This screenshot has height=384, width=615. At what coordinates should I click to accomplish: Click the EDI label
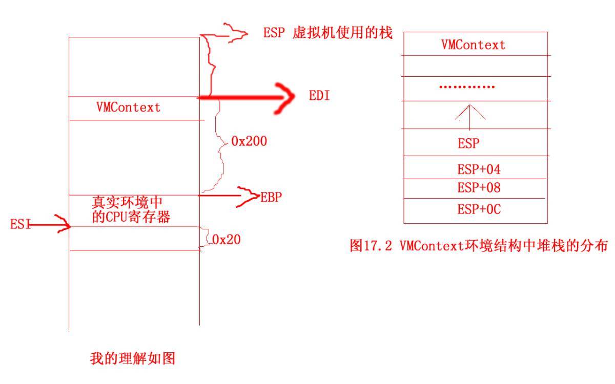319,96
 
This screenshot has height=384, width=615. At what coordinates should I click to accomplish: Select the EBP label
271,197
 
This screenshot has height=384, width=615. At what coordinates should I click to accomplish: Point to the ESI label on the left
20,224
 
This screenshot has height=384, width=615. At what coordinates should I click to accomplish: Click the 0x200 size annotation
249,141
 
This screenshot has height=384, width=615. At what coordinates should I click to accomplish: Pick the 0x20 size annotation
227,240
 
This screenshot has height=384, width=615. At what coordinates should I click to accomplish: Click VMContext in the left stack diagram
128,107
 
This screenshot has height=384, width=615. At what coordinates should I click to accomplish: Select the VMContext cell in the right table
473,45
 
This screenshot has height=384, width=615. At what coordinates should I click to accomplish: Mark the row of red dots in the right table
467,87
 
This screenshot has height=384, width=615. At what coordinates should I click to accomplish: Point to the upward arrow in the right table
470,117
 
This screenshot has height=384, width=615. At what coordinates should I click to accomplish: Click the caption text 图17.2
371,245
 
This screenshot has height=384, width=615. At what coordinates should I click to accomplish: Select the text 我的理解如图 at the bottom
133,358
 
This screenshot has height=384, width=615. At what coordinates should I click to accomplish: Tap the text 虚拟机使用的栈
343,33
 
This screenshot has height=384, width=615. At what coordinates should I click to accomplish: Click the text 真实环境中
127,202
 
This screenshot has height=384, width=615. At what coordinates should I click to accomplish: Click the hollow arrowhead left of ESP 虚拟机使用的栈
237,33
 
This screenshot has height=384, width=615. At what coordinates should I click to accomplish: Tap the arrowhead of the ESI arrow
63,224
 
